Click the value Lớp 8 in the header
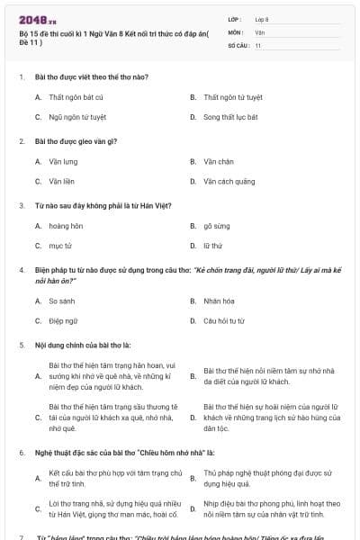click(x=262, y=19)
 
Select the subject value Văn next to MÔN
click(x=259, y=31)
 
